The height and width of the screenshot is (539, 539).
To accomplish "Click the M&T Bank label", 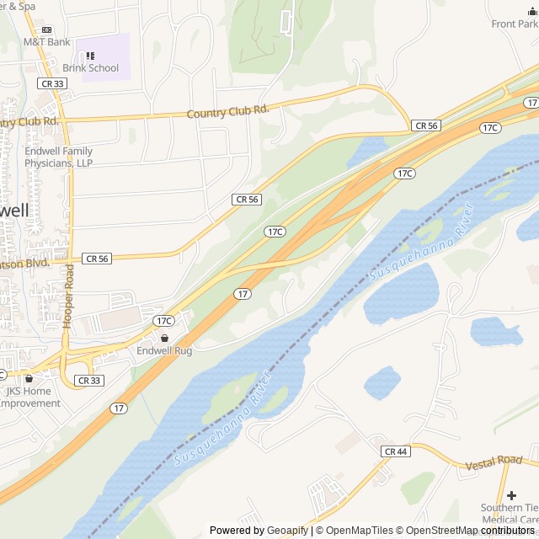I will [46, 41].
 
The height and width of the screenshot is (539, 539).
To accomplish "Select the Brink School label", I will [90, 68].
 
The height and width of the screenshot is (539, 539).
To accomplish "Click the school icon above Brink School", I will [90, 56].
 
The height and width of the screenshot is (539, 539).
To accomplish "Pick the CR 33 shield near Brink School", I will [51, 83].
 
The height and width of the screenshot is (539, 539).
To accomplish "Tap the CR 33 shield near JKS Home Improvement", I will [88, 381].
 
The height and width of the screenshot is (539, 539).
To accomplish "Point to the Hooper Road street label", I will [69, 296].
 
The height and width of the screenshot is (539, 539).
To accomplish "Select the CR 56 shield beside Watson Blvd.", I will [97, 259].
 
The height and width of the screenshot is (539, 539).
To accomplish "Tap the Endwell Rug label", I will [164, 350].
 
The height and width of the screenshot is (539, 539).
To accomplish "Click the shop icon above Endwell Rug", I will [164, 338].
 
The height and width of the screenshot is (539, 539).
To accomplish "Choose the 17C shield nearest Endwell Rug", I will [163, 321].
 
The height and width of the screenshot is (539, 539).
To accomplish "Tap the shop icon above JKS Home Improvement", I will [29, 379].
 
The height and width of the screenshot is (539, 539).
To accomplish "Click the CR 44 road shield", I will [395, 452].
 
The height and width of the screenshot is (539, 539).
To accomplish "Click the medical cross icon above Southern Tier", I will [511, 494].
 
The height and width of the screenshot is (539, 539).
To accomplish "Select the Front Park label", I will [515, 24].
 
